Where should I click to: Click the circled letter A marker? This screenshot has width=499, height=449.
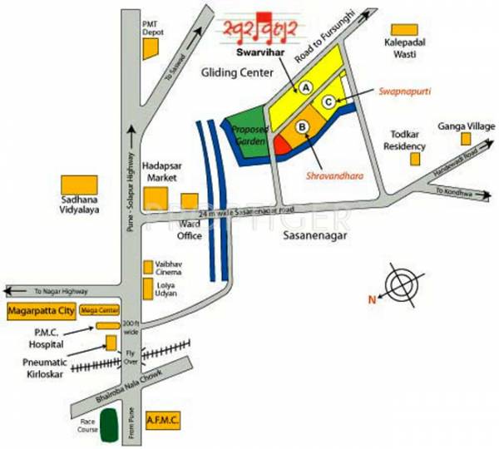pos(305,86)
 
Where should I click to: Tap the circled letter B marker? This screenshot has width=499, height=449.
pos(303,126)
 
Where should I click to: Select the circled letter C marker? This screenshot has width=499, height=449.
pos(329,101)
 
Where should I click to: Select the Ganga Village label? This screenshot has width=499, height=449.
pos(469,126)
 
